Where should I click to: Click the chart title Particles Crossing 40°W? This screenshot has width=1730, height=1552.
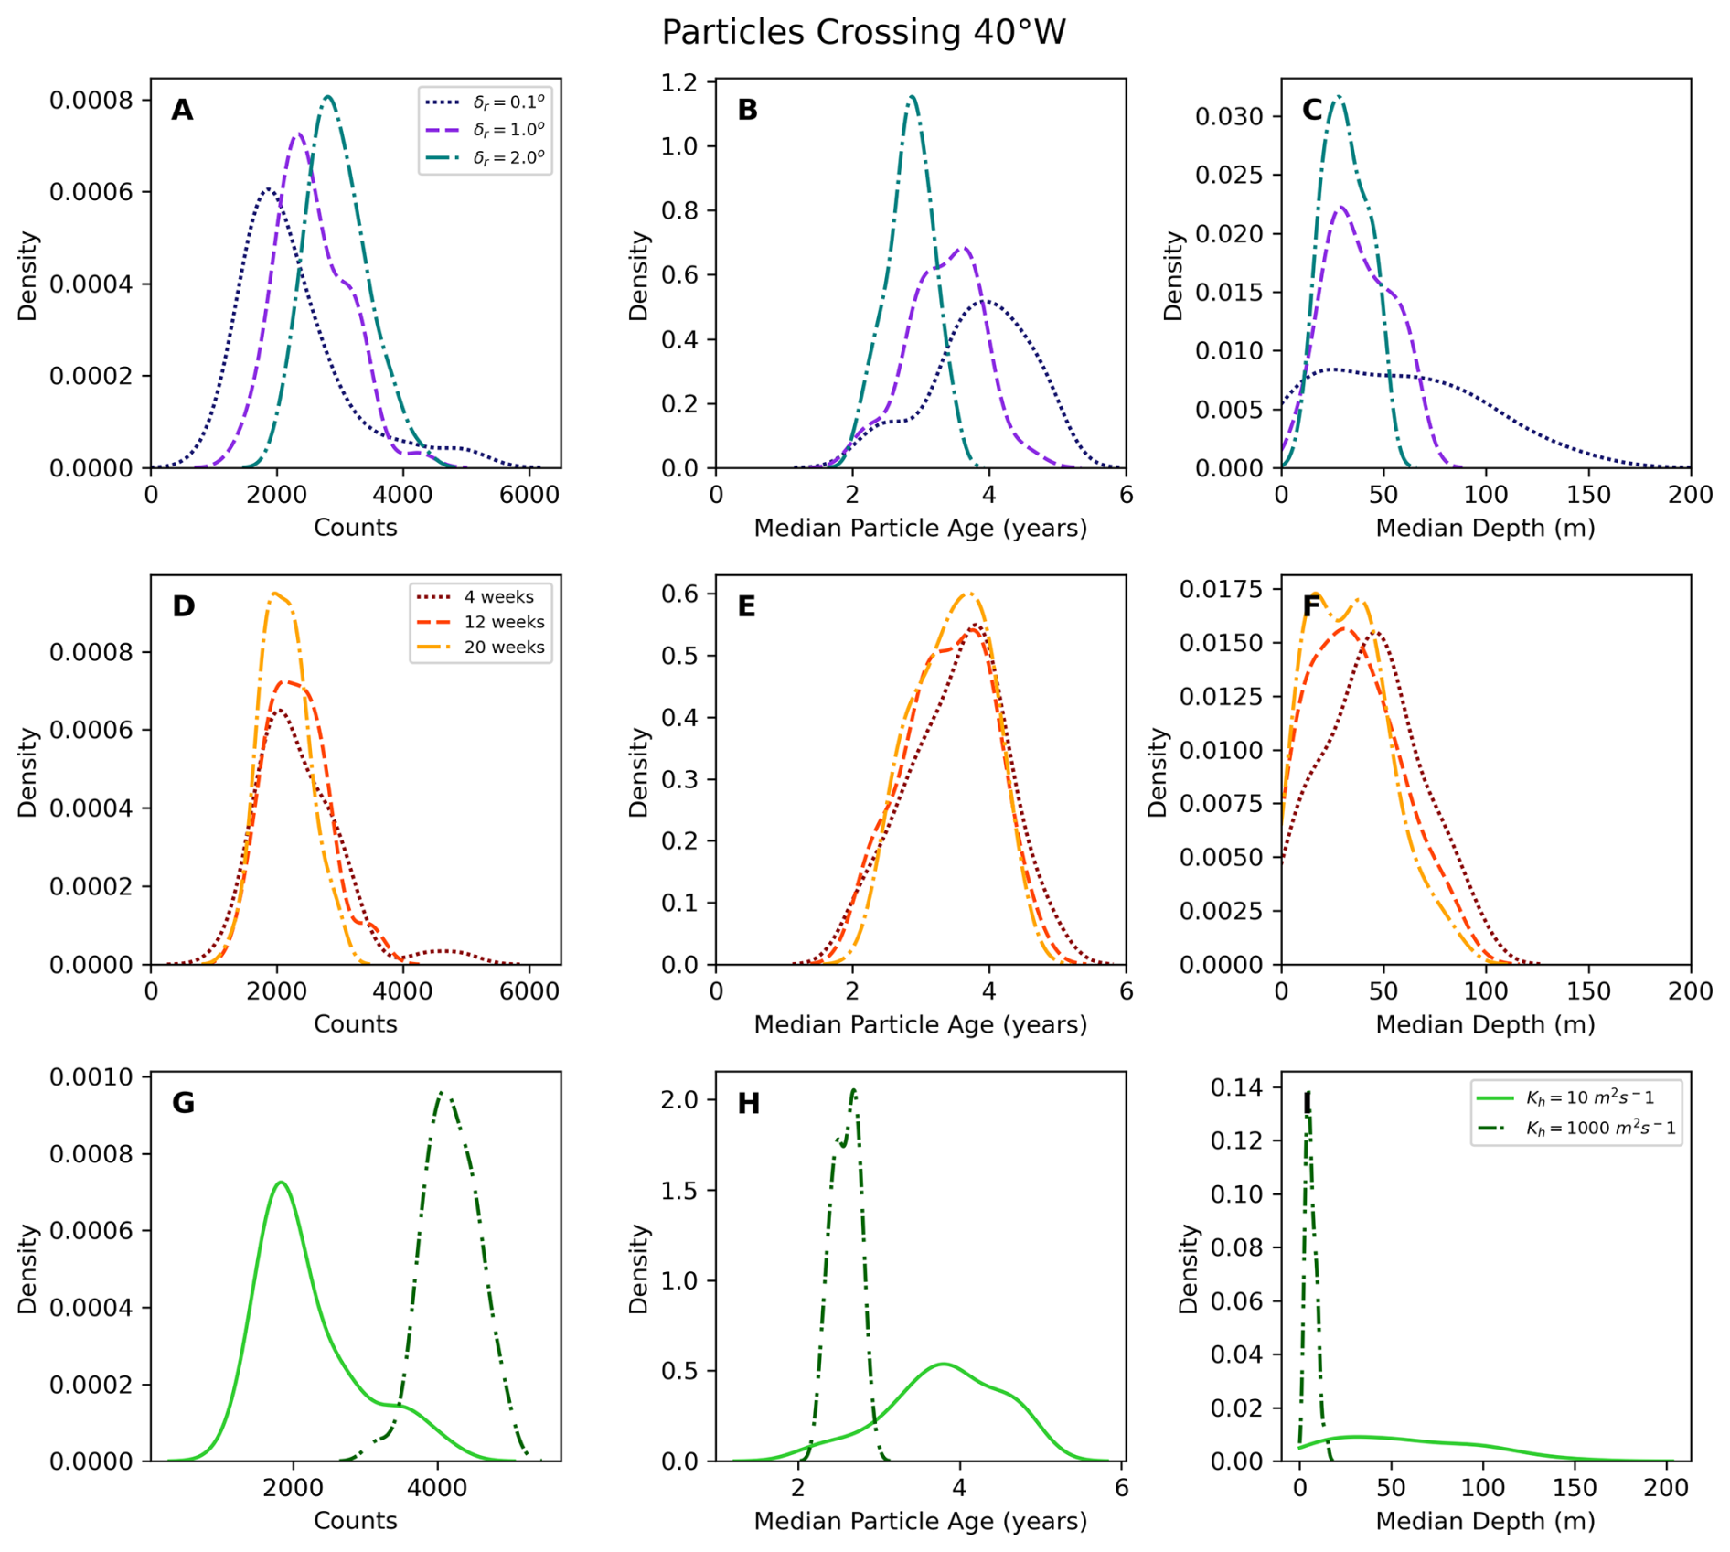click(x=863, y=33)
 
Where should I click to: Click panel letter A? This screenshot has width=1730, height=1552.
click(x=182, y=111)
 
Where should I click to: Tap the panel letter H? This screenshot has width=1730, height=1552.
click(x=748, y=1104)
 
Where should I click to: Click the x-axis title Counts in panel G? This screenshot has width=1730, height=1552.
click(x=355, y=1520)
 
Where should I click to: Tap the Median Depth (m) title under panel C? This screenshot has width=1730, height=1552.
click(x=1485, y=528)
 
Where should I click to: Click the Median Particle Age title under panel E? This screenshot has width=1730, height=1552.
click(x=920, y=1024)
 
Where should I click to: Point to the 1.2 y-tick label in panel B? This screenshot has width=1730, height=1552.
click(x=678, y=83)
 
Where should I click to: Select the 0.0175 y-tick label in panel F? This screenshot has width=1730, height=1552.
click(x=1221, y=589)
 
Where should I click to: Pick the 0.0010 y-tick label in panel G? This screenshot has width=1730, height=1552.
click(x=91, y=1076)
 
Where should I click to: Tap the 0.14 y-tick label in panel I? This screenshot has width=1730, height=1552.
click(x=1237, y=1087)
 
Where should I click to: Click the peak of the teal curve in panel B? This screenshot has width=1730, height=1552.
click(x=912, y=96)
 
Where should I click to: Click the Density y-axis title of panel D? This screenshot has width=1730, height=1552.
click(x=27, y=772)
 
